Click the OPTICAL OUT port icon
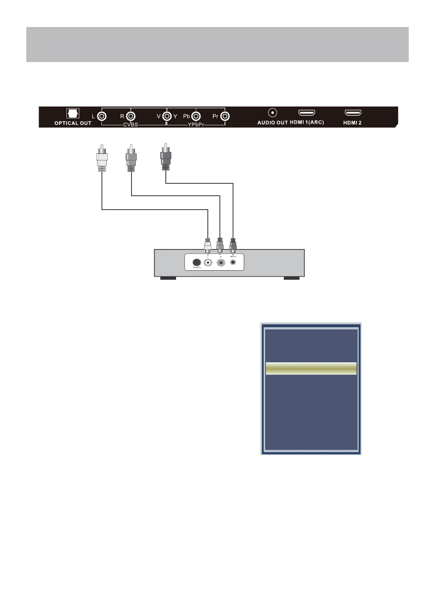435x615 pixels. [x=73, y=113]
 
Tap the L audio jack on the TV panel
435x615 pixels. [x=102, y=116]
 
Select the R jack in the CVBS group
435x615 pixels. [x=131, y=116]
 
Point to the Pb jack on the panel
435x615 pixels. [x=196, y=116]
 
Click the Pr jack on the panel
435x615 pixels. [x=225, y=116]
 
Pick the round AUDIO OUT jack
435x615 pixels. [x=272, y=113]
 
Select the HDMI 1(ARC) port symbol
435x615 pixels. [x=307, y=113]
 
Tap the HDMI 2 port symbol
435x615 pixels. [x=353, y=113]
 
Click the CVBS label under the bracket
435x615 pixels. [x=130, y=125]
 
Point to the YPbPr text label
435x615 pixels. [x=196, y=125]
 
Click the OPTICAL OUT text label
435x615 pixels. [x=73, y=123]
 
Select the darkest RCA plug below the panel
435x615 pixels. [x=166, y=157]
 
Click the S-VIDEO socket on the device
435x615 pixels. [x=196, y=262]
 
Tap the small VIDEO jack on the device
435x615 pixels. [x=233, y=262]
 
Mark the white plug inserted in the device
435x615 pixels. [x=208, y=246]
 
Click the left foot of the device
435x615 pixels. [x=168, y=278]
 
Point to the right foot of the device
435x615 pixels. [x=291, y=278]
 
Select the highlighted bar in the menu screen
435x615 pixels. [x=311, y=368]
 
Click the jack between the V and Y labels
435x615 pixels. [x=167, y=116]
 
